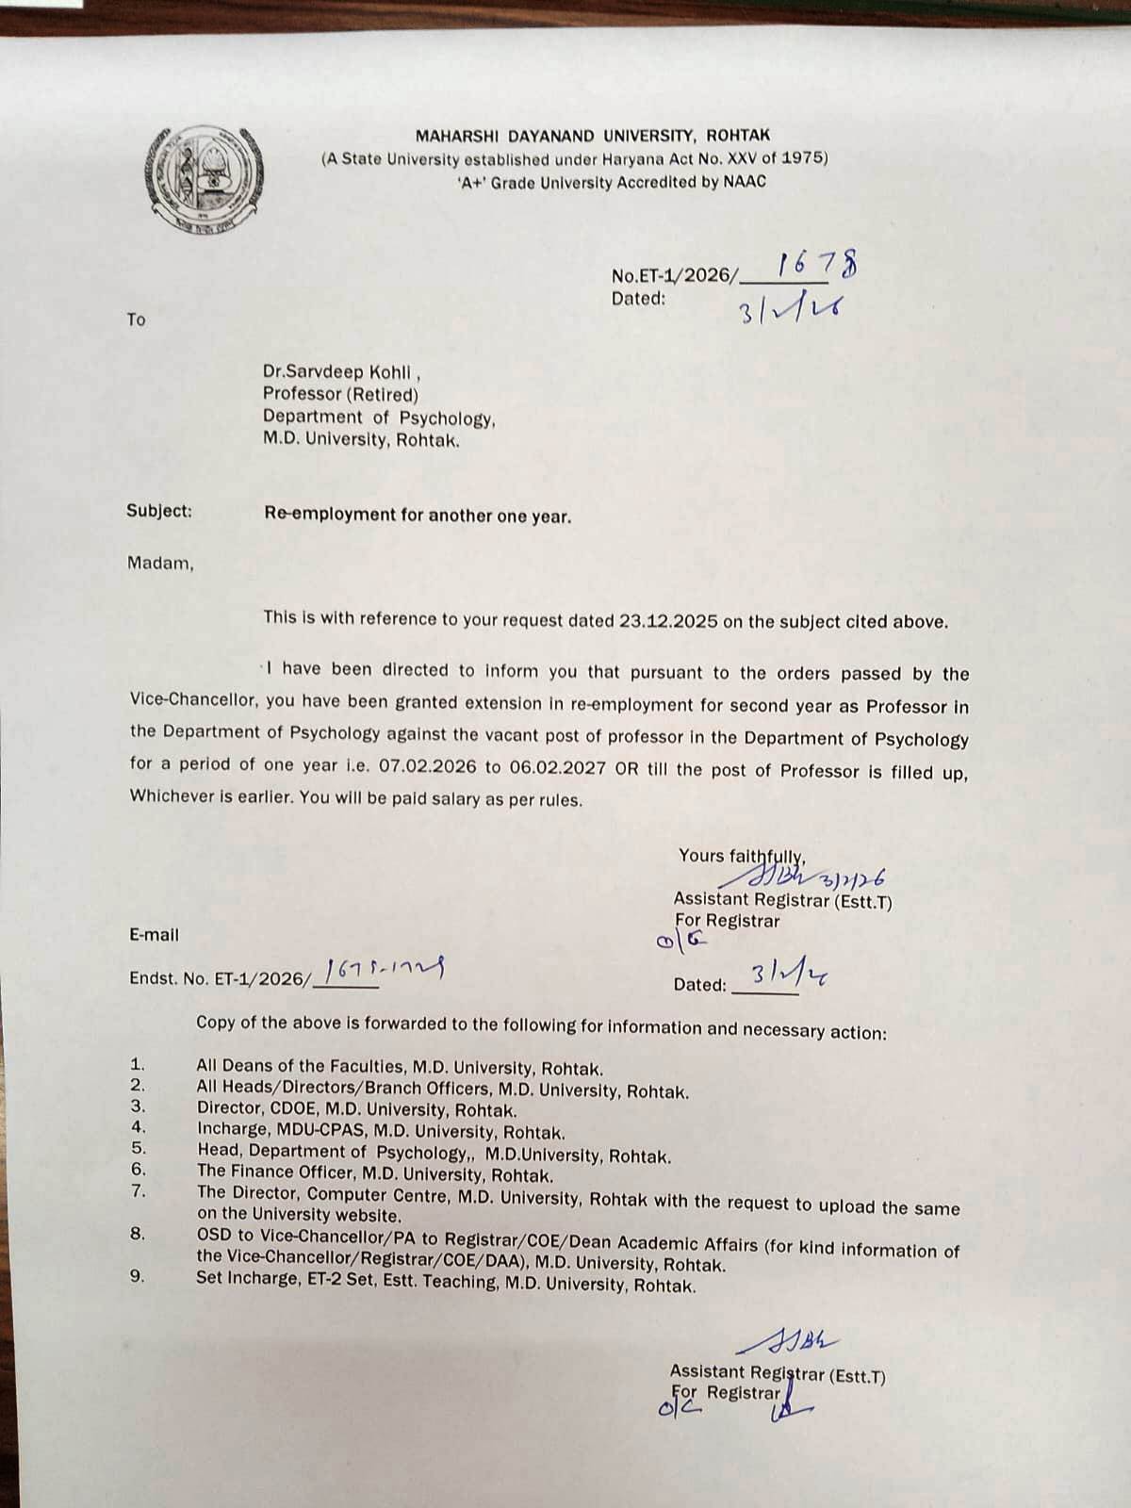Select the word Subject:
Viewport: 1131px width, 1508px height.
click(158, 511)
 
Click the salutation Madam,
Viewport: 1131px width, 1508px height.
click(160, 564)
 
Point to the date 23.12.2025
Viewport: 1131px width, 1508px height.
click(669, 621)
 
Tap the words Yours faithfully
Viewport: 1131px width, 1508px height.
click(741, 856)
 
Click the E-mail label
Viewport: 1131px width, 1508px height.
click(154, 935)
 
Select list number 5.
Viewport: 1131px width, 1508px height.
click(139, 1147)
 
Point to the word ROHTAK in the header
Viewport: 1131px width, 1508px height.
click(737, 136)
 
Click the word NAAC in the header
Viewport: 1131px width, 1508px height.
click(745, 182)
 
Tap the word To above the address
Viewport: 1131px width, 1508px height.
click(137, 320)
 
